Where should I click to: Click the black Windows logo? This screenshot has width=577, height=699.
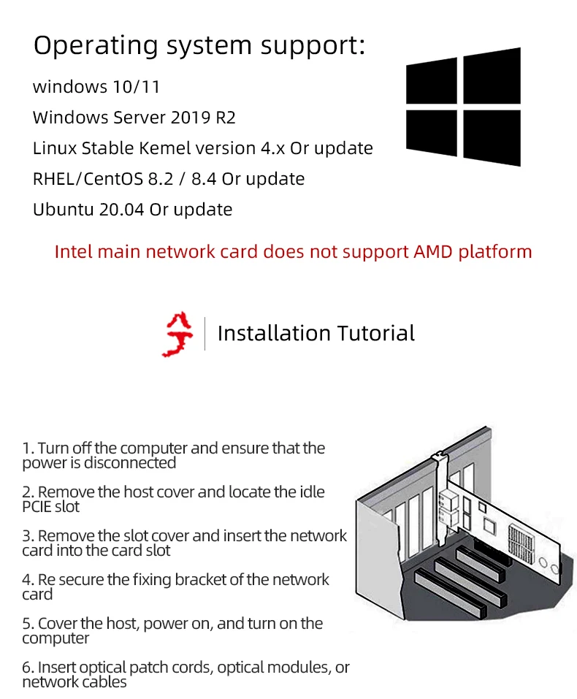pos(463,106)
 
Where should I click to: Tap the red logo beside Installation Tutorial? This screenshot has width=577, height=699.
pos(178,334)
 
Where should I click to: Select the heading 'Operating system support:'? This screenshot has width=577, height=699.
pos(199,45)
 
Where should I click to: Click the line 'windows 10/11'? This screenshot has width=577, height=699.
pos(96,87)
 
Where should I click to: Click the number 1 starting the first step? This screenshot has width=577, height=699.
pos(26,448)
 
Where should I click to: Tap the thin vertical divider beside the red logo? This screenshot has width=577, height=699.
pos(205,334)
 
